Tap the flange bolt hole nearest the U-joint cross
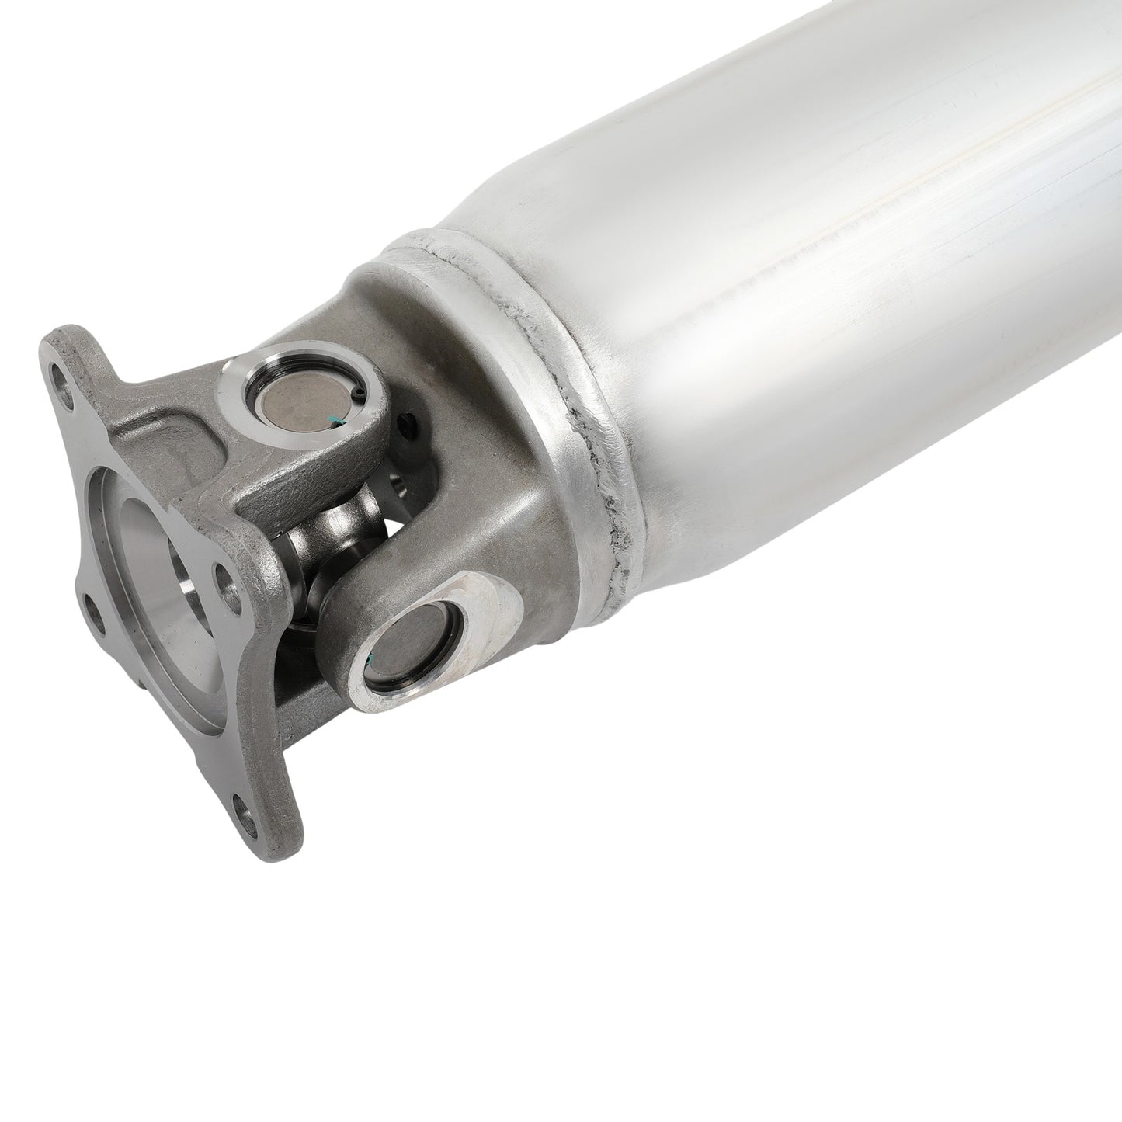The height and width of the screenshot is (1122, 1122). pos(225,576)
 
